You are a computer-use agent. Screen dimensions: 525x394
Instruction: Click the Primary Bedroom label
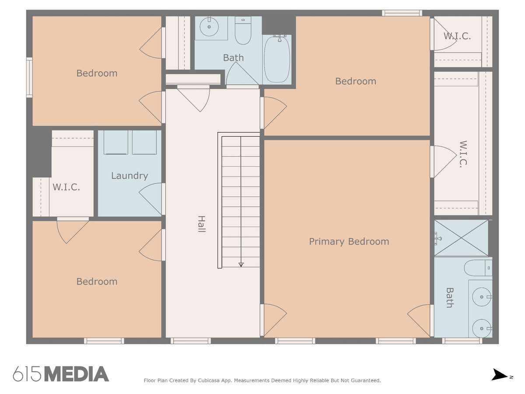click(x=349, y=242)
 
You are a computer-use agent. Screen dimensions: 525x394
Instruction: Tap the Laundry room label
click(x=129, y=176)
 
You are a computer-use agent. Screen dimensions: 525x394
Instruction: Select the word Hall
click(x=201, y=224)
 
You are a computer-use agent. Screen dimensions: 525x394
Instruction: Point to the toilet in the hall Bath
click(x=243, y=30)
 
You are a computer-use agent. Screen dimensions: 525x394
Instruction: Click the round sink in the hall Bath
click(x=209, y=27)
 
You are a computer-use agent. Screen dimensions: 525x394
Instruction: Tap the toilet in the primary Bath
click(x=478, y=268)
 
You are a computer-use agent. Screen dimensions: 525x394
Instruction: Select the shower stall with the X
click(x=461, y=238)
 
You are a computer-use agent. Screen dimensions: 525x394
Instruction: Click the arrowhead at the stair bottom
click(x=241, y=264)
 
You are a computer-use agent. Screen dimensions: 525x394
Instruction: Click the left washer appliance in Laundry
click(x=116, y=142)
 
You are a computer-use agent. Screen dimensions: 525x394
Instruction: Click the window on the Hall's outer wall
click(x=191, y=341)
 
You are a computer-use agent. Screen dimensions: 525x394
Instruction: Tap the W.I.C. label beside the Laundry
click(x=66, y=187)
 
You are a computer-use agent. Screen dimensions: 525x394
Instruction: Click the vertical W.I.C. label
click(x=463, y=154)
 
